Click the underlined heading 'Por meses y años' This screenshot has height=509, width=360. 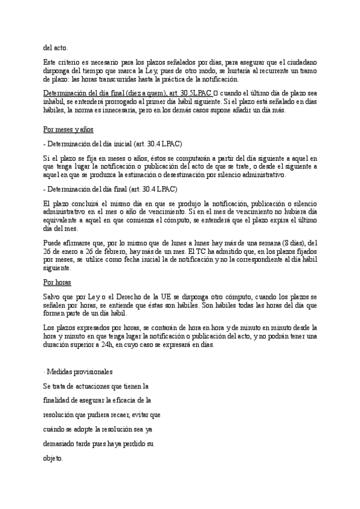point(69,128)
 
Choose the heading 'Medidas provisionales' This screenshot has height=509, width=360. point(80,373)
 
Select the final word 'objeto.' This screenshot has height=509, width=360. point(53,458)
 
